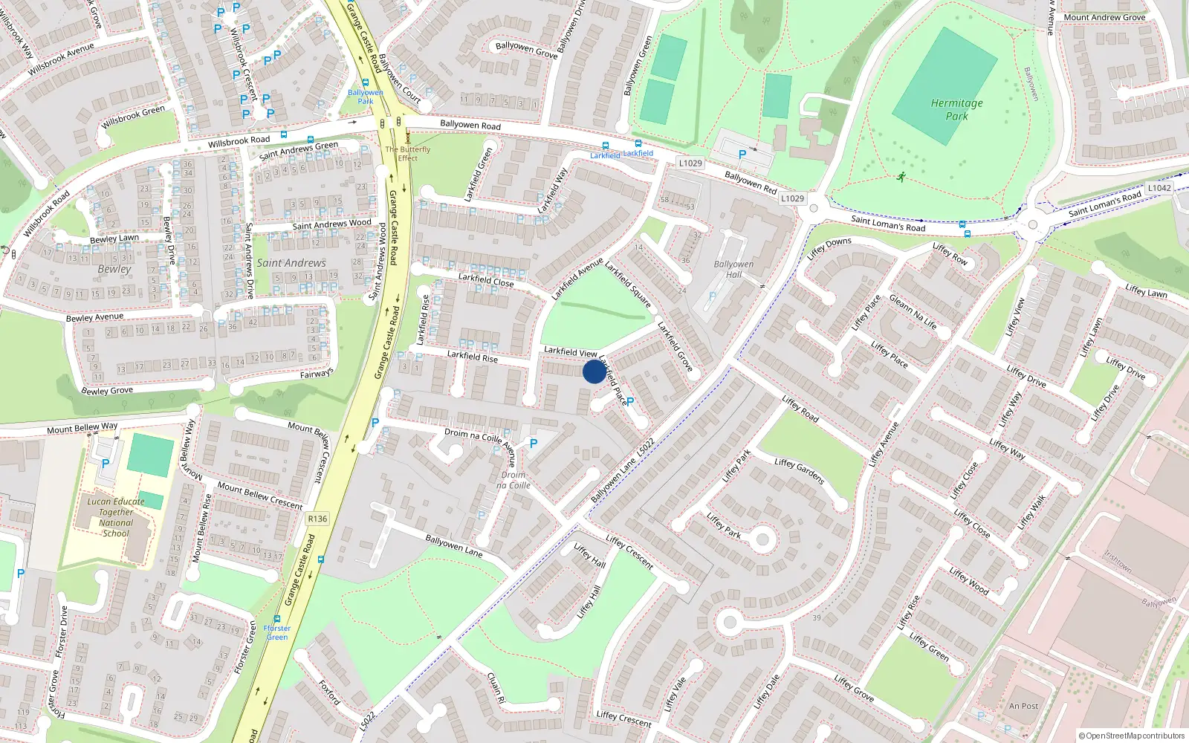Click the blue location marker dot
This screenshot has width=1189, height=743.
pyautogui.click(x=594, y=371)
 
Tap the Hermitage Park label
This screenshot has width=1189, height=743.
pyautogui.click(x=956, y=110)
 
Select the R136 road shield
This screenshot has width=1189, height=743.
pyautogui.click(x=317, y=519)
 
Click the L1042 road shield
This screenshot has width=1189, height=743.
pyautogui.click(x=1159, y=188)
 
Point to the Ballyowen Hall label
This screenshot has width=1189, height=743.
pyautogui.click(x=733, y=269)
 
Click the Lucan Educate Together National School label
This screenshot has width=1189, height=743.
pyautogui.click(x=116, y=517)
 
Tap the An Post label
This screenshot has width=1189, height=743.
pyautogui.click(x=1023, y=706)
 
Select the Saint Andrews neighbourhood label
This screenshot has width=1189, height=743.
pyautogui.click(x=291, y=263)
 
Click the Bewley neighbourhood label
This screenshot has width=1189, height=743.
pyautogui.click(x=114, y=269)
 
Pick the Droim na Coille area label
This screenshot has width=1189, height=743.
pyautogui.click(x=513, y=480)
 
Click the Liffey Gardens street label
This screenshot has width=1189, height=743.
pyautogui.click(x=800, y=471)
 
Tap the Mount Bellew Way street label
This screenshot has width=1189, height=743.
pyautogui.click(x=82, y=428)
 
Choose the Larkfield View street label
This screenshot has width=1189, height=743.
pyautogui.click(x=570, y=351)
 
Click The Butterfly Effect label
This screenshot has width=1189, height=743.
pyautogui.click(x=407, y=153)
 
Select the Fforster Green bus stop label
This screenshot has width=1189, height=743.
pyautogui.click(x=277, y=632)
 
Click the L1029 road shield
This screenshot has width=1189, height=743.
pyautogui.click(x=690, y=163)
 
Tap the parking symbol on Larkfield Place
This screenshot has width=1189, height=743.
pyautogui.click(x=630, y=401)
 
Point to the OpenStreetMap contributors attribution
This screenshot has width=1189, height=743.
pyautogui.click(x=1131, y=736)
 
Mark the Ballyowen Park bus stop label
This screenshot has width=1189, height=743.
pyautogui.click(x=365, y=97)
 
